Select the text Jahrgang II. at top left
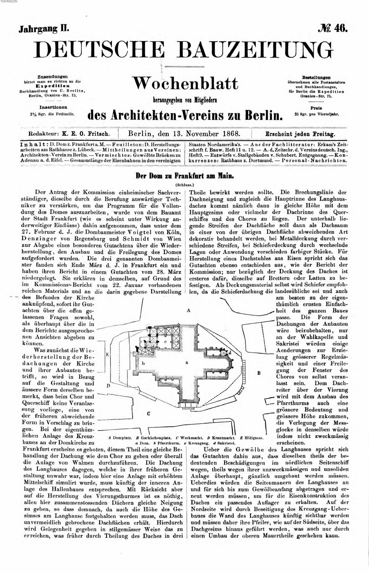point(44,29)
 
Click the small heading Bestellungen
point(316,77)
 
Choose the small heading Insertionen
point(53,107)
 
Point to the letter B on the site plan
point(259,373)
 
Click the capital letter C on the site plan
point(148,414)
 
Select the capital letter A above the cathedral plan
point(188,310)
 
